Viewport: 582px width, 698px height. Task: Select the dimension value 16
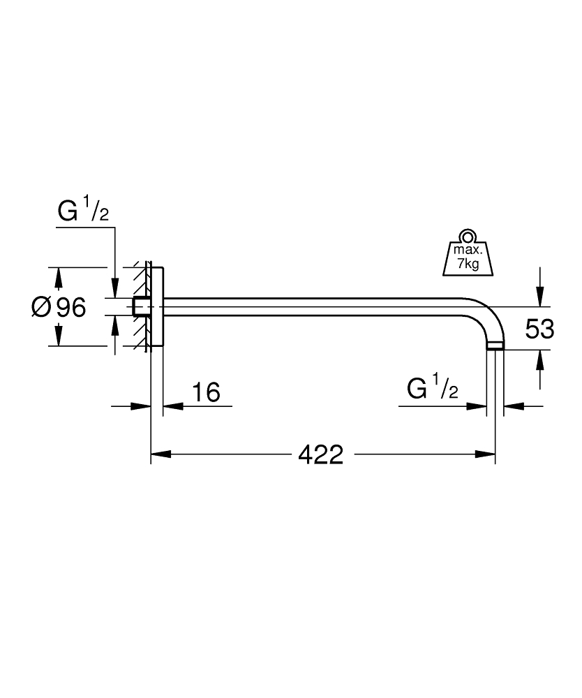pos(206,392)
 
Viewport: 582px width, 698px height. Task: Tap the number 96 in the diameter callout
pos(70,307)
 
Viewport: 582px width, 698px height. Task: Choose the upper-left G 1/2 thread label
pos(82,211)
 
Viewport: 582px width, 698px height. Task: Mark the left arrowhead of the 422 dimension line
pos(161,455)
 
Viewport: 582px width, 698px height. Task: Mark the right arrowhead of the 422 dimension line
pos(486,455)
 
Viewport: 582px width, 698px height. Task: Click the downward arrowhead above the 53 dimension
pos(539,297)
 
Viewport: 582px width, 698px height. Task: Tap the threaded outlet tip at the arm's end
pos(495,345)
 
